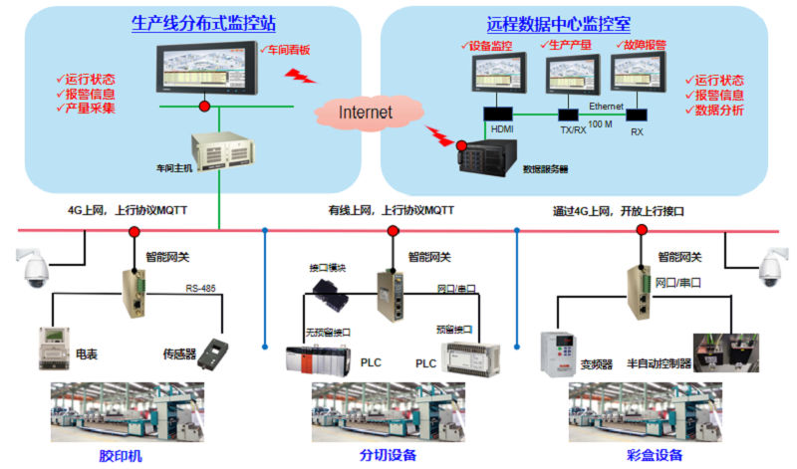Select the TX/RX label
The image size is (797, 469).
tap(572, 130)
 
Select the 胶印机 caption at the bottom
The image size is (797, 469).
tap(121, 455)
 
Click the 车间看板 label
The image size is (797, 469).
tap(284, 49)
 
